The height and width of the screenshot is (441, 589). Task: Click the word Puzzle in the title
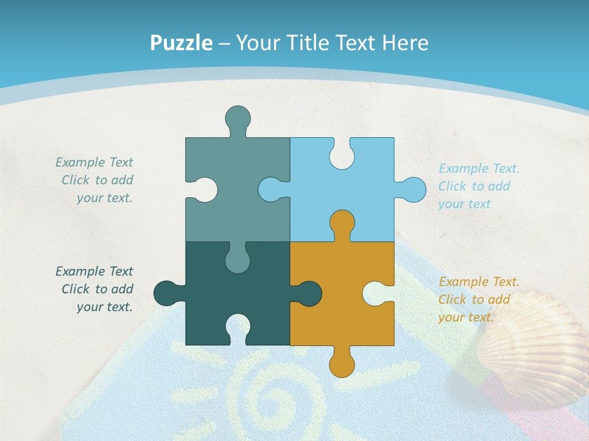pyautogui.click(x=181, y=43)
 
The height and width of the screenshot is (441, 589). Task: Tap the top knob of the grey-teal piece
pyautogui.click(x=237, y=118)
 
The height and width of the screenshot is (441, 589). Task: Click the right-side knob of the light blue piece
pyautogui.click(x=413, y=190)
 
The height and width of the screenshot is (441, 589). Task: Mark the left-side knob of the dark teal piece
pyautogui.click(x=166, y=293)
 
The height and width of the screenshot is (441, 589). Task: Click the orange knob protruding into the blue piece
pyautogui.click(x=342, y=223)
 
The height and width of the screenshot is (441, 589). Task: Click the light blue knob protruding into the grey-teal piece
pyautogui.click(x=271, y=190)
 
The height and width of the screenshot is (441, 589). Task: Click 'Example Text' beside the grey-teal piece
pyautogui.click(x=94, y=162)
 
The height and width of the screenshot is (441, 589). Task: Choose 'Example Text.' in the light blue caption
pyautogui.click(x=479, y=168)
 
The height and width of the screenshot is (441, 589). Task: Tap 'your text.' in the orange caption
pyautogui.click(x=466, y=317)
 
